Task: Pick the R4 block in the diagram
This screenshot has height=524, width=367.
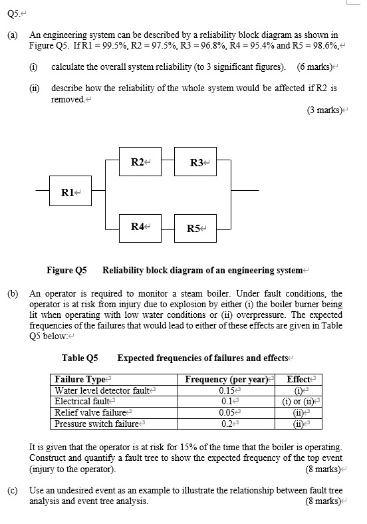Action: (x=138, y=227)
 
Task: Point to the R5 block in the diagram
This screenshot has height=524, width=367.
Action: (x=196, y=229)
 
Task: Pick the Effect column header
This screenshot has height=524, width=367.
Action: (x=300, y=380)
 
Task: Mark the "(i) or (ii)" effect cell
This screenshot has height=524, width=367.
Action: (x=300, y=402)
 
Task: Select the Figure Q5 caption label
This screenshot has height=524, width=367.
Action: (x=66, y=270)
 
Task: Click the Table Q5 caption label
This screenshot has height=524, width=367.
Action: (x=80, y=358)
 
